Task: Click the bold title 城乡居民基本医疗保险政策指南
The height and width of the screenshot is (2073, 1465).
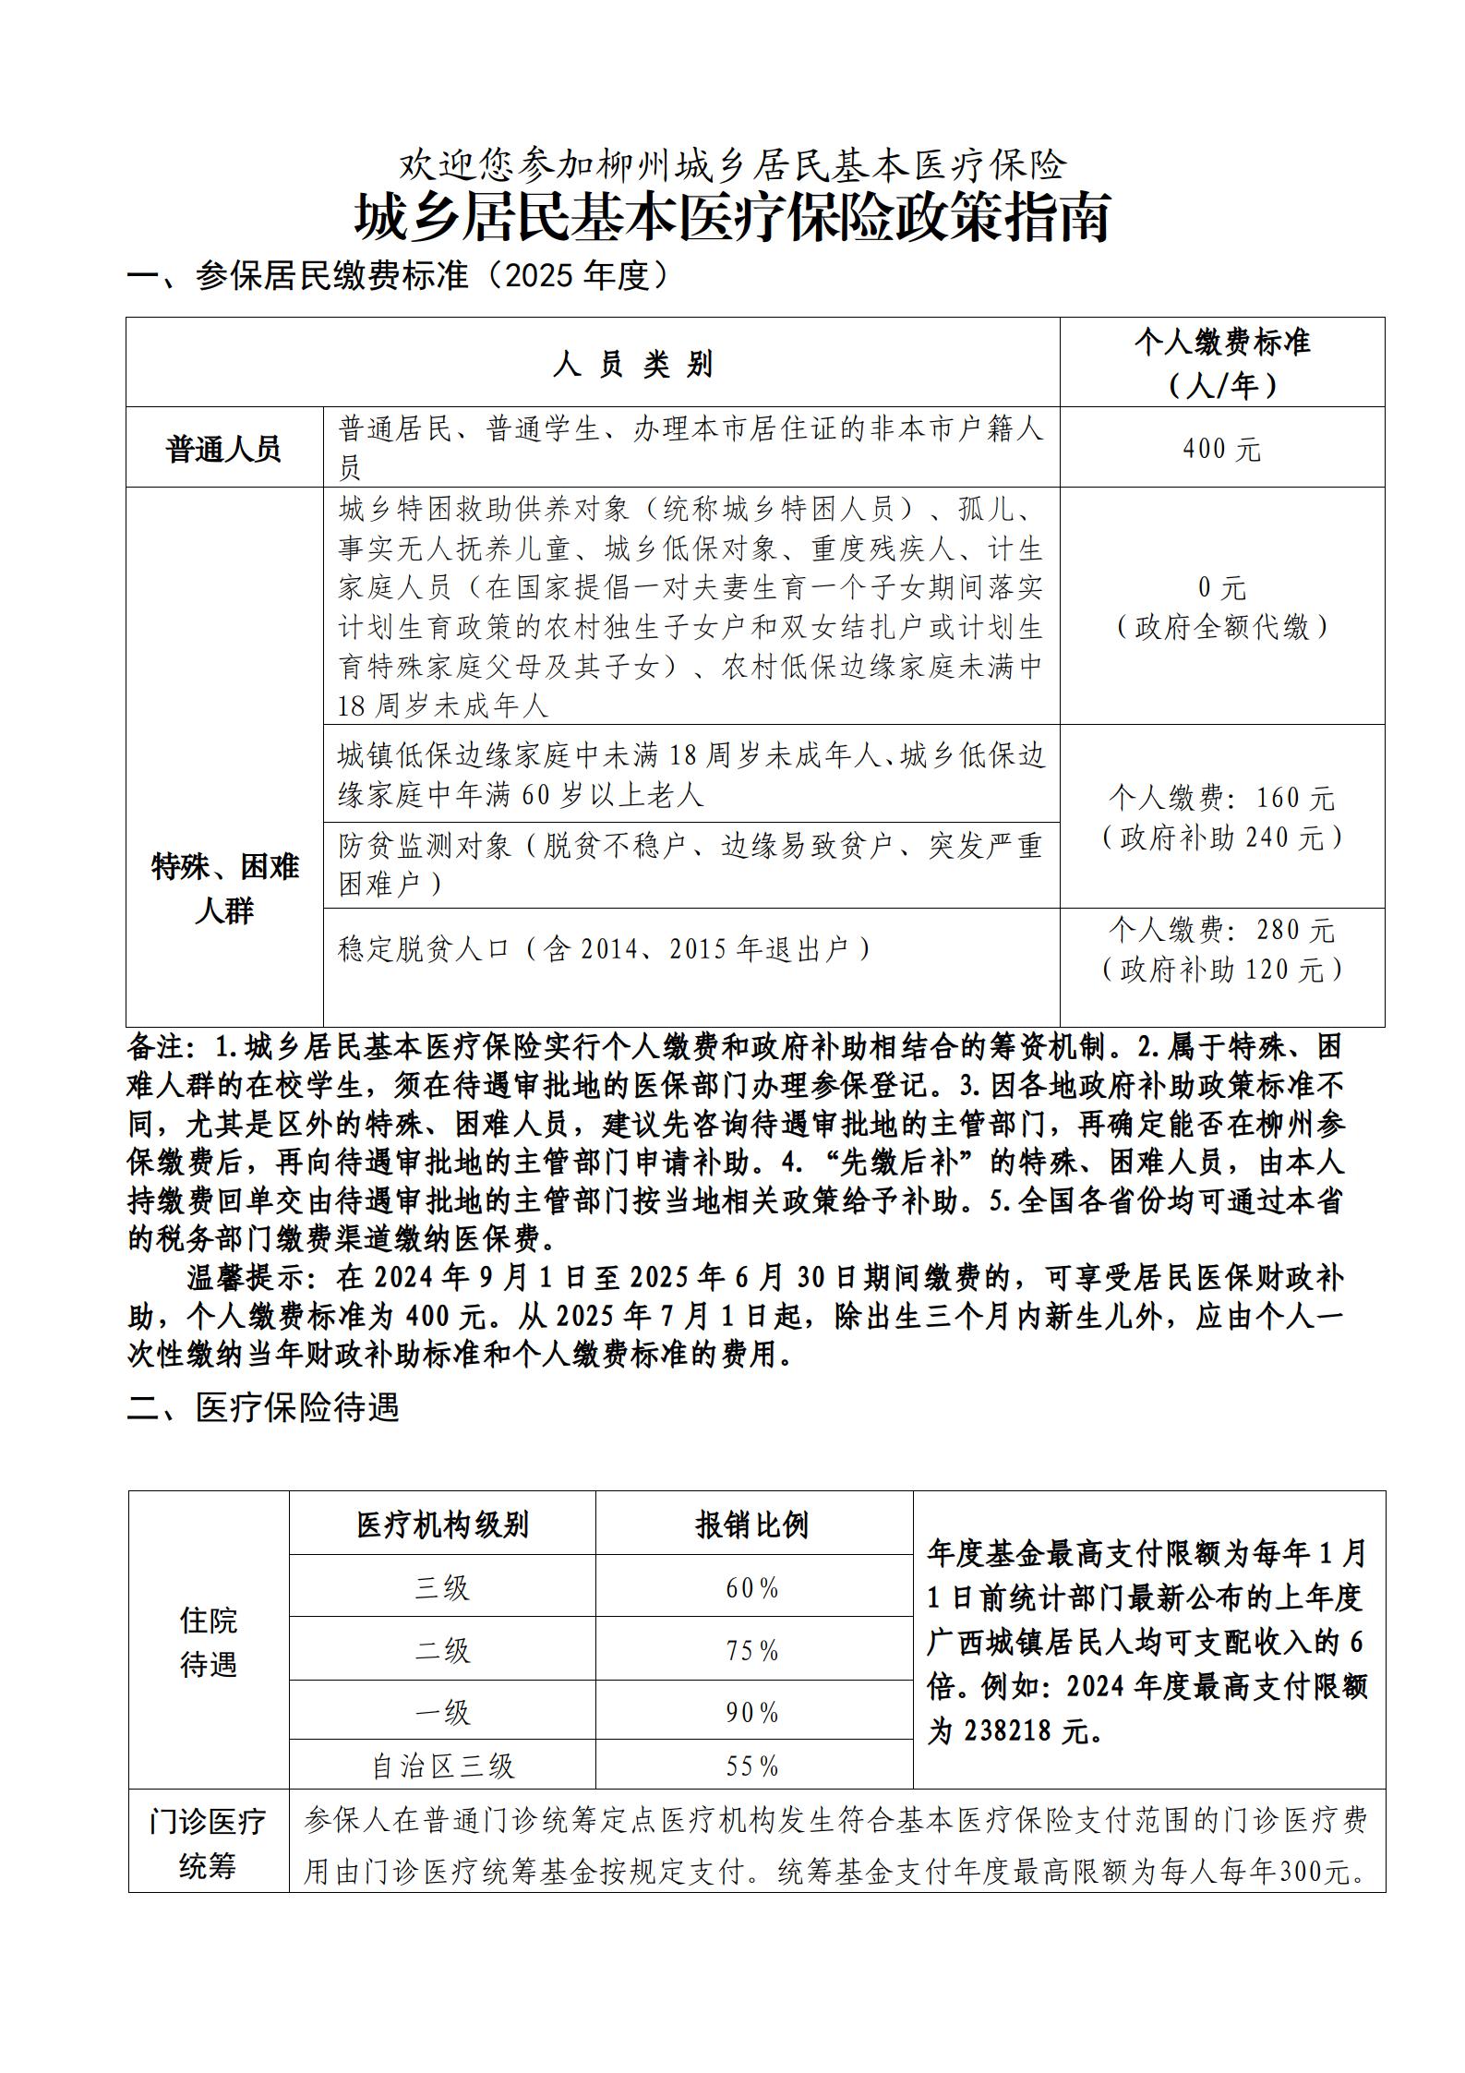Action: tap(732, 219)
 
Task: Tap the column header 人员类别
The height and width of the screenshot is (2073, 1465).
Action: tap(633, 365)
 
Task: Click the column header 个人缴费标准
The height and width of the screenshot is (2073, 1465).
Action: tap(1221, 343)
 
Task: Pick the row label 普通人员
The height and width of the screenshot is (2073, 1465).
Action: tap(224, 450)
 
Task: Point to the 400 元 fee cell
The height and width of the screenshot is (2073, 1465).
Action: tap(1221, 450)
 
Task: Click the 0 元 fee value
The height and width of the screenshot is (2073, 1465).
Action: tap(1221, 588)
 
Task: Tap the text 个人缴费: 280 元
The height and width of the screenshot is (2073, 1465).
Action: tap(1221, 930)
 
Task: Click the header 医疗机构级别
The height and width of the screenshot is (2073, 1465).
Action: tap(442, 1525)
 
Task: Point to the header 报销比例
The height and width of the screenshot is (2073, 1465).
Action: tap(752, 1525)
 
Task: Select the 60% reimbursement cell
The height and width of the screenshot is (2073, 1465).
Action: tap(752, 1588)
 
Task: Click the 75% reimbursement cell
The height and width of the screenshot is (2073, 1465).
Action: tap(752, 1650)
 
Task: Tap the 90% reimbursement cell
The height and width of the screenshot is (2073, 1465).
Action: tap(752, 1713)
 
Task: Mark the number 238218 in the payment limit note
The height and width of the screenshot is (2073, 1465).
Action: tap(1007, 1731)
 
